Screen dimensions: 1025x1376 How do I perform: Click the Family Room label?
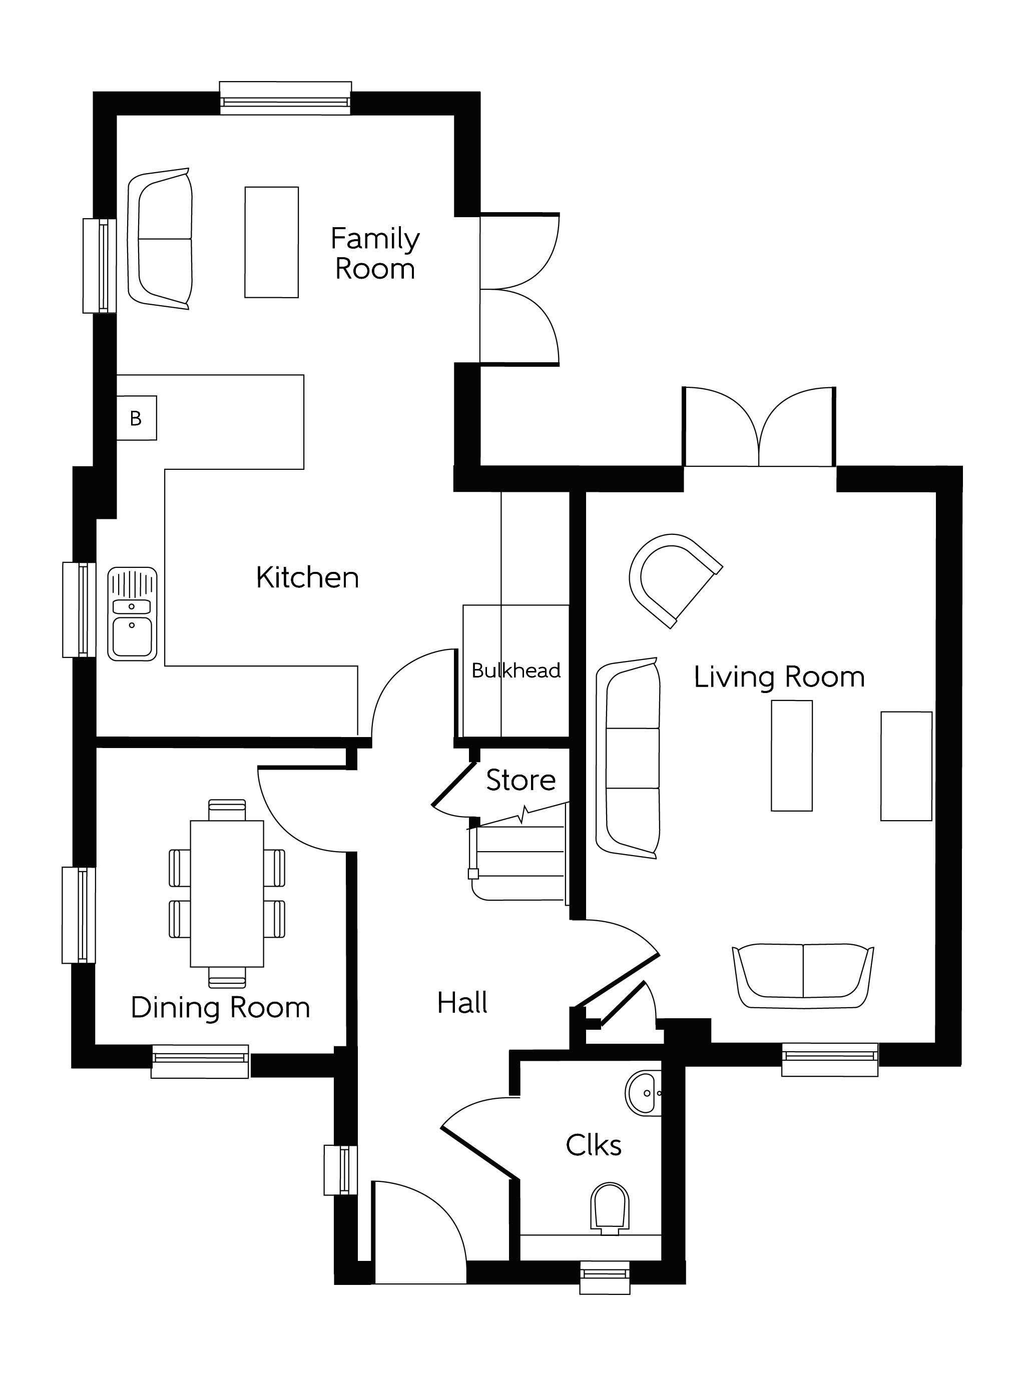[x=375, y=254]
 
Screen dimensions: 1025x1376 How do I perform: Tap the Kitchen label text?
[x=307, y=577]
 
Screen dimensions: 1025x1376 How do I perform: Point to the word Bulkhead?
[x=516, y=670]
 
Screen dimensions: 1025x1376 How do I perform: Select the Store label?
[x=521, y=780]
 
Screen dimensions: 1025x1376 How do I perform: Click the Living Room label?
[x=779, y=677]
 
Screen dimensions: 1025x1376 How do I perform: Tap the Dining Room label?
[x=220, y=1008]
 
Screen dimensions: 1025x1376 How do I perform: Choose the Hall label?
[x=462, y=1003]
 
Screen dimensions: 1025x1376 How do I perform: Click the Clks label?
[x=593, y=1145]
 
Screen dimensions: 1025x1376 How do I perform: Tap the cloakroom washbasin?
[x=644, y=1092]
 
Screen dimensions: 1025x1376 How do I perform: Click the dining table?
[x=227, y=893]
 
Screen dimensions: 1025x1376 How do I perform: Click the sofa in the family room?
[x=160, y=239]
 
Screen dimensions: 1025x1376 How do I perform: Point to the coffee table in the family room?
[x=272, y=242]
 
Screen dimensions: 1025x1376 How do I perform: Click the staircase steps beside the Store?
[x=518, y=856]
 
